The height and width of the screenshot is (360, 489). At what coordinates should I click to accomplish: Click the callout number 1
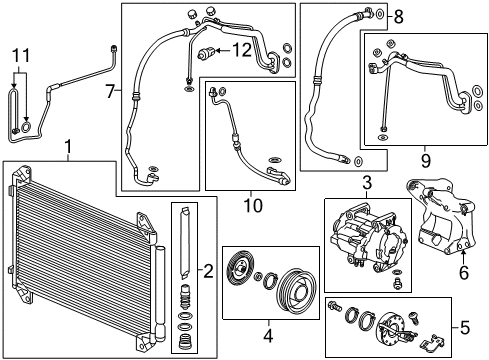coord(67,150)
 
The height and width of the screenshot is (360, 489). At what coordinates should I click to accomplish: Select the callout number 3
coord(367,183)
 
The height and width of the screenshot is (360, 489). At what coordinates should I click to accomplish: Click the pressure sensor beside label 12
coord(209,52)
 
